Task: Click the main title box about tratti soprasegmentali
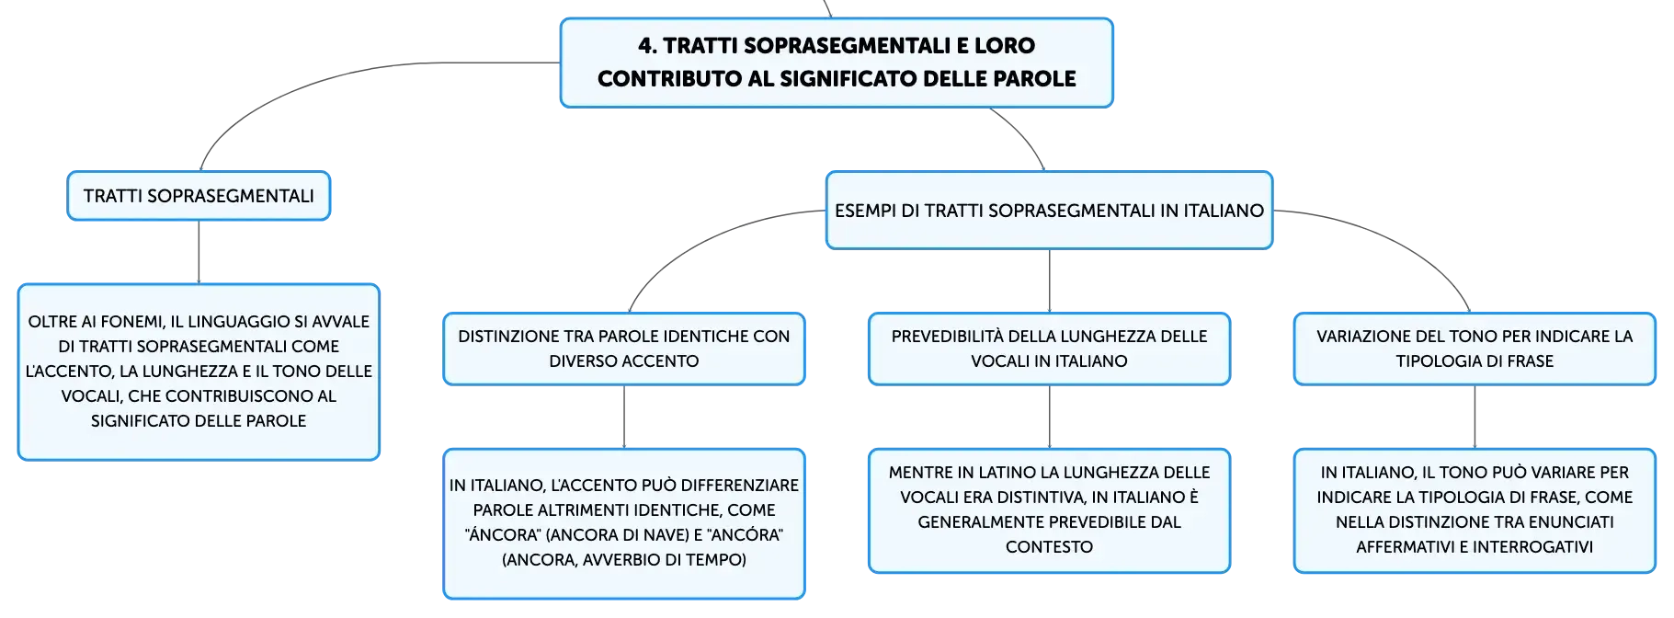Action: click(x=837, y=63)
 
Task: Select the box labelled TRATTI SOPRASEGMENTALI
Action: click(x=199, y=196)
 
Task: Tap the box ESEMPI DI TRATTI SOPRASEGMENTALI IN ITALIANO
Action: click(x=1049, y=211)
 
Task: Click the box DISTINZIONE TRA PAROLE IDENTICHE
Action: click(x=624, y=349)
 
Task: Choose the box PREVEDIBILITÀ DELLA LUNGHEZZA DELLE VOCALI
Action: click(x=1049, y=349)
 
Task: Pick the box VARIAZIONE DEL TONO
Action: click(x=1475, y=349)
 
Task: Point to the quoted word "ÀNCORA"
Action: click(x=502, y=535)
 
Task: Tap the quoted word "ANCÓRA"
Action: click(x=746, y=535)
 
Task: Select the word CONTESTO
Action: click(x=1049, y=547)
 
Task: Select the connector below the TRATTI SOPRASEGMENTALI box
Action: click(x=199, y=253)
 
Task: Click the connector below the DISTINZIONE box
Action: click(x=624, y=418)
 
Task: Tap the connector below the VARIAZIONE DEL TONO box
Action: click(x=1475, y=418)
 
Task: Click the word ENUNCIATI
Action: click(x=1570, y=522)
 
